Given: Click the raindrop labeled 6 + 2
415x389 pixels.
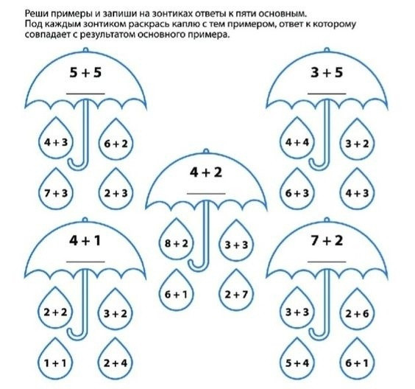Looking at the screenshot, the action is pyautogui.click(x=116, y=141).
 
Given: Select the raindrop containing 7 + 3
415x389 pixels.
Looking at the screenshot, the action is pyautogui.click(x=56, y=190).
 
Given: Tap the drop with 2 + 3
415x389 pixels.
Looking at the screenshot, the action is pyautogui.click(x=116, y=190).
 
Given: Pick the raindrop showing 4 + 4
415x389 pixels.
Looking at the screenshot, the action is pyautogui.click(x=297, y=139).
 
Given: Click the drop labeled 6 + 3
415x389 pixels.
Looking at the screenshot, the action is pyautogui.click(x=297, y=190).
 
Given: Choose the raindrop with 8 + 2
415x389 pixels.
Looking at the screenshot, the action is pyautogui.click(x=177, y=240).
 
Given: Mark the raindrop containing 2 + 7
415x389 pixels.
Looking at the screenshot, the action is pyautogui.click(x=236, y=291).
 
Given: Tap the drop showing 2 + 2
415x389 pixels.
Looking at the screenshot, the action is pyautogui.click(x=56, y=309).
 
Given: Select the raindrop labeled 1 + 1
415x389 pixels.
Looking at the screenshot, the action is pyautogui.click(x=55, y=360).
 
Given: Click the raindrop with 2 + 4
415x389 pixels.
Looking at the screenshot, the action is pyautogui.click(x=116, y=360).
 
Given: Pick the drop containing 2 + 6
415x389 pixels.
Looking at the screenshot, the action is pyautogui.click(x=357, y=311).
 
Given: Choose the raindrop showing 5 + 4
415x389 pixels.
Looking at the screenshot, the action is pyautogui.click(x=297, y=360).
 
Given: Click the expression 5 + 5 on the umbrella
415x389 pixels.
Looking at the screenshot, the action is pyautogui.click(x=85, y=72).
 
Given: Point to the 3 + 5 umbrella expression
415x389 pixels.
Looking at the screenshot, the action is pyautogui.click(x=327, y=72).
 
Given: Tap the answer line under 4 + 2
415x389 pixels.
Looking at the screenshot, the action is pyautogui.click(x=206, y=194).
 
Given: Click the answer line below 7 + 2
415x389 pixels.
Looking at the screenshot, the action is pyautogui.click(x=327, y=262).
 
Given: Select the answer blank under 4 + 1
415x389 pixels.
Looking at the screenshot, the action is pyautogui.click(x=85, y=262).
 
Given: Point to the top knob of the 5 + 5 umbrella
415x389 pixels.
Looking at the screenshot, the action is pyautogui.click(x=85, y=50).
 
